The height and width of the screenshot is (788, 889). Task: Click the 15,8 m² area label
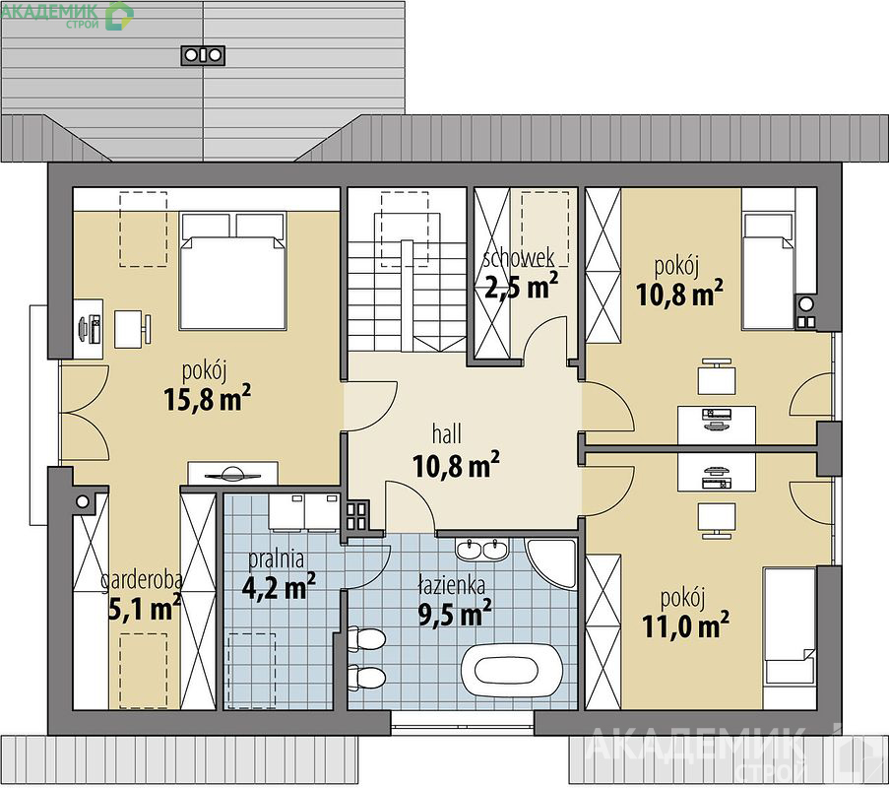pos(207,398)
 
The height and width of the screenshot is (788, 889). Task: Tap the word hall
pos(446,434)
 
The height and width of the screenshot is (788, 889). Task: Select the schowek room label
pos(518,258)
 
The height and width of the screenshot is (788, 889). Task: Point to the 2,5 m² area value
pos(522,286)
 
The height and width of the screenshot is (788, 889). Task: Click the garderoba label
pos(142,580)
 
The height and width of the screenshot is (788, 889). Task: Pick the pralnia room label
pos(277,559)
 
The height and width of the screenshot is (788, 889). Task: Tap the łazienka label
pos(451,584)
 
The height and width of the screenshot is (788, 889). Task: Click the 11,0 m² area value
pos(685,625)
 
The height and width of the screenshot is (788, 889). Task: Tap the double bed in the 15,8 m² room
pos(232,271)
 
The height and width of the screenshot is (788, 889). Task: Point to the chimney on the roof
pos(203,55)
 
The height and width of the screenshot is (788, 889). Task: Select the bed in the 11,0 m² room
pos(789,626)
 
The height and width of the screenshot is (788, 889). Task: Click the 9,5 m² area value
pos(455,613)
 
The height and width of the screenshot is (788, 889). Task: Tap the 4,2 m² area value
pos(279,587)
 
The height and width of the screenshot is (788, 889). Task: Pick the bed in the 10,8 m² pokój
pos(768,271)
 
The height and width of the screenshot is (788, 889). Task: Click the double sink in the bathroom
pos(482,549)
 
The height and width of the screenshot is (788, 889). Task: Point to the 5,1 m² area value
pos(144,608)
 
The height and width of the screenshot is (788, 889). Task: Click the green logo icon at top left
pos(120,16)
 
